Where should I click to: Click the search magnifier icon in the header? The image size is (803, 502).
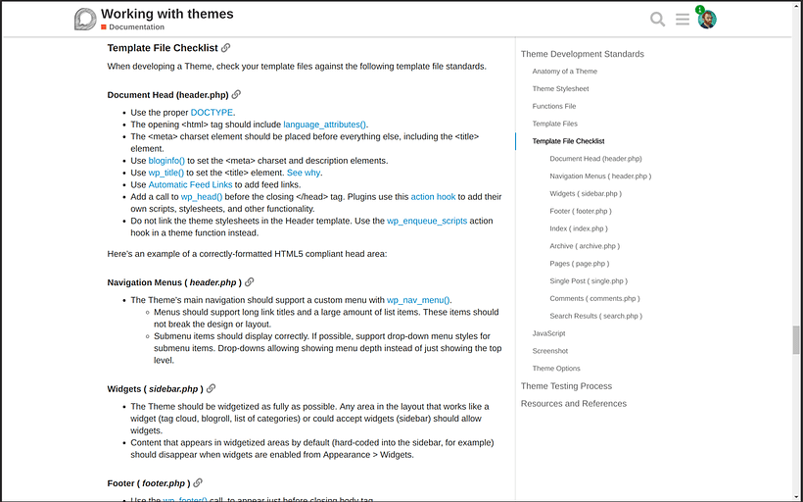coord(658,20)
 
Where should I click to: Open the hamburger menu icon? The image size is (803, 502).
coord(683,20)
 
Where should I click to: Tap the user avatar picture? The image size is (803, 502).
coord(707,20)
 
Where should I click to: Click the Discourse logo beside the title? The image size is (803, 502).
coord(85,19)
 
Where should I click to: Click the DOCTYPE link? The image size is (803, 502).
coord(212,113)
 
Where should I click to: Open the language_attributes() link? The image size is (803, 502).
coord(324,125)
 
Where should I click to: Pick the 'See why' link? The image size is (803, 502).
coord(303,173)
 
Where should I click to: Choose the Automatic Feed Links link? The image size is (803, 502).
coord(190,184)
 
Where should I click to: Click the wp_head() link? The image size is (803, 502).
coord(202,196)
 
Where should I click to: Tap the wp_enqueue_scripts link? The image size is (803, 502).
coord(426,221)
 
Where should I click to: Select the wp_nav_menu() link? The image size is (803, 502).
coord(418,300)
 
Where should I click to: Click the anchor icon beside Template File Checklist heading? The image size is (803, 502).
coord(226,47)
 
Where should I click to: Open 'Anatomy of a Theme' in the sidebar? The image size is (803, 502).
coord(564,72)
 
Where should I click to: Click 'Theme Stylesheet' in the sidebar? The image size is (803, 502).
coord(560,88)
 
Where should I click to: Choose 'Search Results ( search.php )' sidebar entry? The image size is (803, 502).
coord(595,316)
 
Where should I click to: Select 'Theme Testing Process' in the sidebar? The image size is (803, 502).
coord(566,386)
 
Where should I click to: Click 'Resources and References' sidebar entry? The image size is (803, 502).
coord(573,404)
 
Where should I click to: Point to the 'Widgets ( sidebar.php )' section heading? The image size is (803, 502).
coord(153,389)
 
